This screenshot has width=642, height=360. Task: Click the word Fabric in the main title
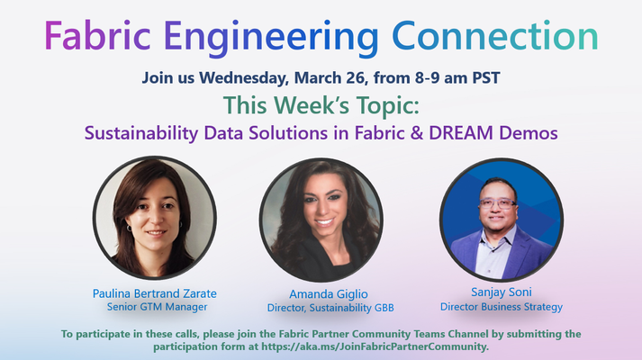97,36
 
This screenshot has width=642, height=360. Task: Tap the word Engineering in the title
271,38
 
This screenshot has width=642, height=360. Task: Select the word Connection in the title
495,36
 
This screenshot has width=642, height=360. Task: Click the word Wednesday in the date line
244,77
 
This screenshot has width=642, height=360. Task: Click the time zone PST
486,77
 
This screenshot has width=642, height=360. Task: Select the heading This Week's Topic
321,105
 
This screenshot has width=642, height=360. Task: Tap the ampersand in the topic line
416,133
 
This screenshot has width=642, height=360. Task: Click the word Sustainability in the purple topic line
141,133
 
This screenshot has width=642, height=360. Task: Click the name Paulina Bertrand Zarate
154,293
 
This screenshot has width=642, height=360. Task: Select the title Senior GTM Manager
157,307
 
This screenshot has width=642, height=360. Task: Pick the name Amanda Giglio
329,294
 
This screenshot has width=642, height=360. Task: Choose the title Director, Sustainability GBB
330,308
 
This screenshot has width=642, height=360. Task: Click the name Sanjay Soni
502,292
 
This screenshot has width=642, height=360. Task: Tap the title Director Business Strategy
502,307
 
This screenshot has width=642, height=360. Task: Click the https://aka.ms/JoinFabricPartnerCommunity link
375,346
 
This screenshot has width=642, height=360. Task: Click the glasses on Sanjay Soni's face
498,203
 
